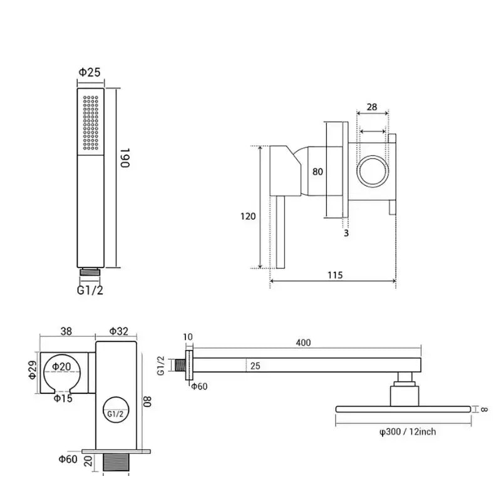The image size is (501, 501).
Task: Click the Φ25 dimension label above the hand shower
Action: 90,72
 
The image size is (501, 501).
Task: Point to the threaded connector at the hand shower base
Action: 90,273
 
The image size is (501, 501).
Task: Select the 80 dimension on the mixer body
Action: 318,171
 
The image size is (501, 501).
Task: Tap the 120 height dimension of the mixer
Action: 248,216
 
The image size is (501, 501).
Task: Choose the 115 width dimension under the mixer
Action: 334,276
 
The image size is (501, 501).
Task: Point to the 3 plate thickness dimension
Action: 346,234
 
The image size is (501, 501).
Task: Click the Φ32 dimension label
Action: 118,330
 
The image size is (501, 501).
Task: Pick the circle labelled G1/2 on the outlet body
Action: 115,414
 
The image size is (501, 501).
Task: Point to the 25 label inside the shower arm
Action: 255,365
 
